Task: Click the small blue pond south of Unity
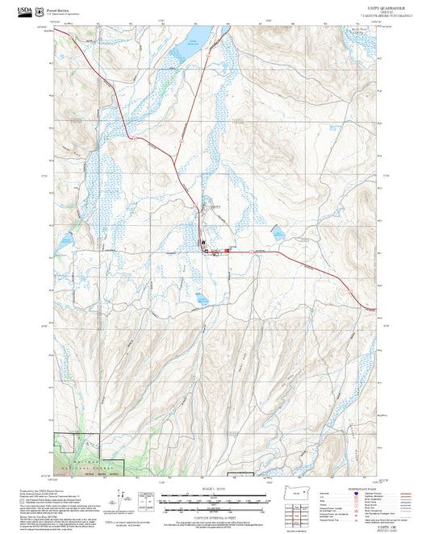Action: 201,301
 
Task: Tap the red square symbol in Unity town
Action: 227,251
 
